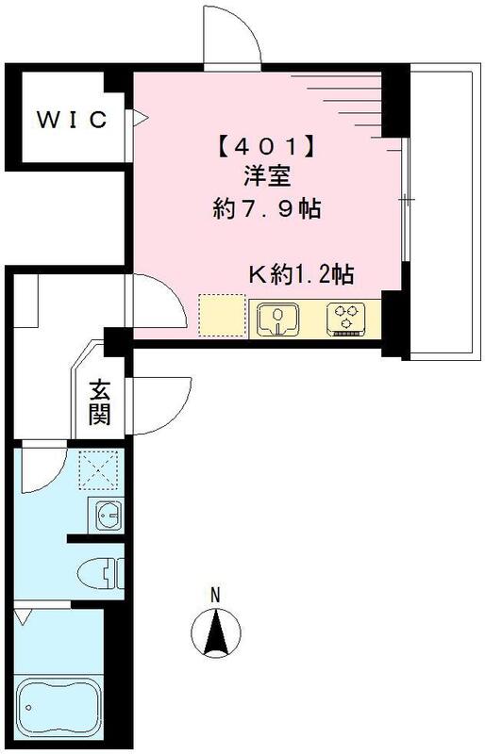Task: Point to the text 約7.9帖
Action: pyautogui.click(x=267, y=209)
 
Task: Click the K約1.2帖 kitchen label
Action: pyautogui.click(x=300, y=275)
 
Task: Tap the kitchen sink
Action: pyautogui.click(x=277, y=319)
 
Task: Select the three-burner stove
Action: pyautogui.click(x=347, y=318)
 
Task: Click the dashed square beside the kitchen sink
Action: pyautogui.click(x=221, y=317)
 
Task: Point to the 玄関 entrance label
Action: pyautogui.click(x=98, y=401)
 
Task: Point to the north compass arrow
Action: pyautogui.click(x=217, y=632)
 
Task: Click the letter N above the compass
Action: pyautogui.click(x=215, y=595)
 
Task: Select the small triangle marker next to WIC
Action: pyautogui.click(x=141, y=119)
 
